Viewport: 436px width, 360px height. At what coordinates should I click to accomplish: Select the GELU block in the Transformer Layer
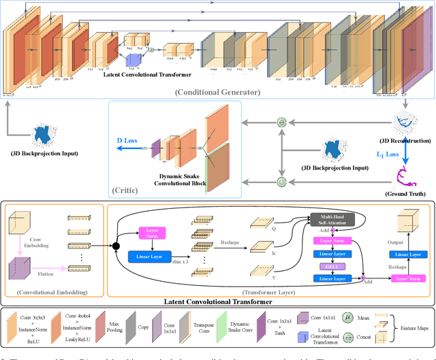[x=331, y=266]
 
